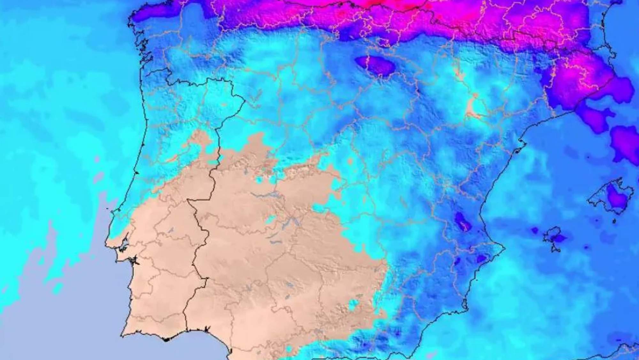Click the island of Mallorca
click(609, 197)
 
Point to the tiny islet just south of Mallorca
click(614, 221)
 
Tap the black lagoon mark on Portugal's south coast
click(166, 339)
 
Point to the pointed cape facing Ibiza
click(503, 248)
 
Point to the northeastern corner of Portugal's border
click(244, 98)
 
